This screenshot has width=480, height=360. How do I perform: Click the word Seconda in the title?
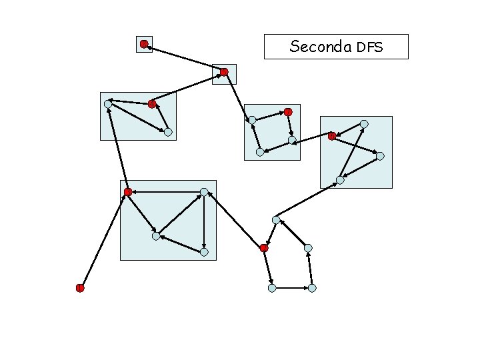[321, 47]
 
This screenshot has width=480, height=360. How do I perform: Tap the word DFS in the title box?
[370, 47]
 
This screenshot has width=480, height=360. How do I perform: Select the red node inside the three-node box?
[152, 103]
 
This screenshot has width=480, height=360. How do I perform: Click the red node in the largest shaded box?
[127, 192]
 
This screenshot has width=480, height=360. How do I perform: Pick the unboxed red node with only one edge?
[79, 288]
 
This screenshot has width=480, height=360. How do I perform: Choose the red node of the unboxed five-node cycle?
[264, 248]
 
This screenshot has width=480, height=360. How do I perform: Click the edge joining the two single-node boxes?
[184, 58]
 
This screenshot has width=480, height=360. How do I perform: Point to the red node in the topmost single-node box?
[144, 44]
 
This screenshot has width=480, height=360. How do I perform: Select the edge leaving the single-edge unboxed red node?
[103, 240]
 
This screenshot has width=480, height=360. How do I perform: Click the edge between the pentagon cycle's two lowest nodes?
[292, 288]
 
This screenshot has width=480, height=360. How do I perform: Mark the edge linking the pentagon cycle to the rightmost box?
[308, 200]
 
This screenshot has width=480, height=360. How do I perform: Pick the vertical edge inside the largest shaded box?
[204, 222]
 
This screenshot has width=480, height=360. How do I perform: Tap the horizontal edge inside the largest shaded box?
[165, 192]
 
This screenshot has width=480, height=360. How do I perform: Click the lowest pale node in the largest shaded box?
[204, 252]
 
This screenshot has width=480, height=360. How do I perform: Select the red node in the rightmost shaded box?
[331, 136]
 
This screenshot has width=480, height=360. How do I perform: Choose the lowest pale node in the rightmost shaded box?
[340, 180]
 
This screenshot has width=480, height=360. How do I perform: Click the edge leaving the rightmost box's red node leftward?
[312, 139]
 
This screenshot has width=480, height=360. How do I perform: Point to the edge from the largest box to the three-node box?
[117, 148]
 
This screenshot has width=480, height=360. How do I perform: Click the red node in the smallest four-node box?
[288, 111]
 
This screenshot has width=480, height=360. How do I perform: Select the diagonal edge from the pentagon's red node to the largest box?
[234, 220]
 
